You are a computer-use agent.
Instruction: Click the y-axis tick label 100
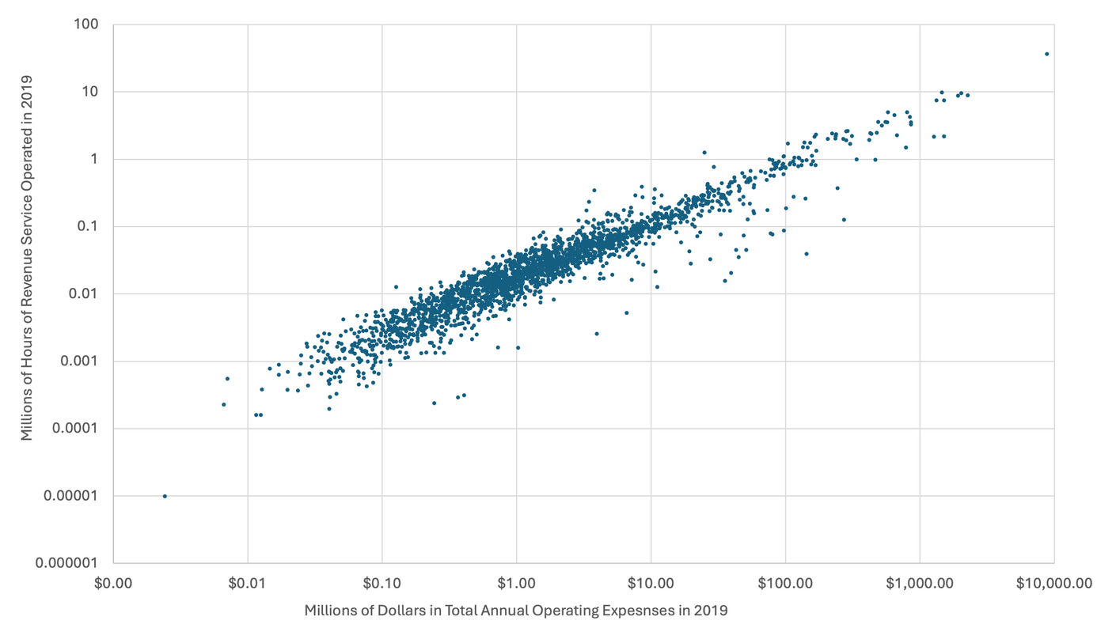click(85, 25)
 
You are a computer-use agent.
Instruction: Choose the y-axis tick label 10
click(88, 92)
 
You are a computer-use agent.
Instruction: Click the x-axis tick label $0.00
click(113, 584)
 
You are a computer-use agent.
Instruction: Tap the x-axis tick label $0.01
click(248, 584)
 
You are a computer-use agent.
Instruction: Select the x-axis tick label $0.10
click(382, 584)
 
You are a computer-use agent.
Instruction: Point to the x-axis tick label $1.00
click(516, 584)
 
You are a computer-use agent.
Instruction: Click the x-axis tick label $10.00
click(651, 584)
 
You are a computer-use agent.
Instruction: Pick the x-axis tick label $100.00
click(785, 584)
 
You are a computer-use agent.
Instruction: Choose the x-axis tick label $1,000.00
click(920, 584)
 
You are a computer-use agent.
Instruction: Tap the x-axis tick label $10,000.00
click(1053, 584)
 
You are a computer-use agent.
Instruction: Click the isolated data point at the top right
click(1046, 54)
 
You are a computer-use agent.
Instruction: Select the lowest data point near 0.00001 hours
click(165, 496)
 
